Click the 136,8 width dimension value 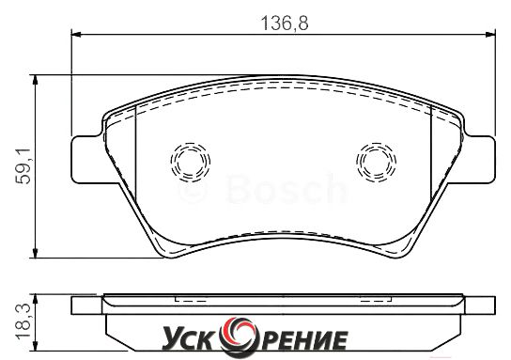tap(285, 23)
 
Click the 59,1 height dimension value tap(23, 165)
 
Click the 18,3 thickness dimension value tap(23, 321)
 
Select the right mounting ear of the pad tap(479, 159)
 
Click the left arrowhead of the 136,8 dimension tap(75, 34)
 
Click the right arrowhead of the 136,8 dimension tap(490, 34)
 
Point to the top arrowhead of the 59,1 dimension tap(35, 80)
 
